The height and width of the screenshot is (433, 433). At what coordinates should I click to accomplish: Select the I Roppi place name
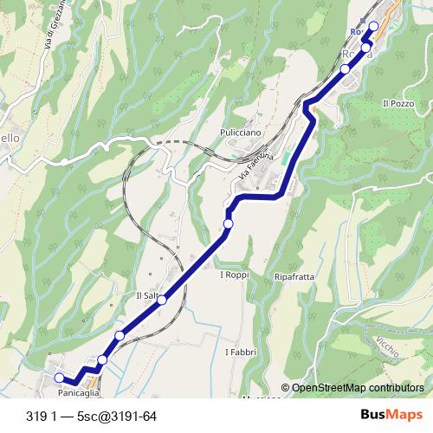click(x=234, y=275)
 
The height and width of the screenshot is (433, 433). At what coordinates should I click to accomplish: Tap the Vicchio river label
click(x=388, y=350)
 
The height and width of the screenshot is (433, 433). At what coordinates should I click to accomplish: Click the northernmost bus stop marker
click(x=374, y=26)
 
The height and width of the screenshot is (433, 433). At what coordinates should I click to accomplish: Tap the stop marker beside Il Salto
click(x=162, y=300)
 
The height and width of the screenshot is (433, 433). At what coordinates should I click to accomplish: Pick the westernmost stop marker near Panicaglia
click(x=59, y=378)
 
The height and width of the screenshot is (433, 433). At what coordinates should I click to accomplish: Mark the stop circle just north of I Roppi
click(x=229, y=224)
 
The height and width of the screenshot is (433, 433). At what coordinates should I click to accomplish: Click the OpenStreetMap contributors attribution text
click(x=358, y=388)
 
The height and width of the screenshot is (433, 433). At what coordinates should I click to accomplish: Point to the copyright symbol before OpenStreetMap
click(x=285, y=388)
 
